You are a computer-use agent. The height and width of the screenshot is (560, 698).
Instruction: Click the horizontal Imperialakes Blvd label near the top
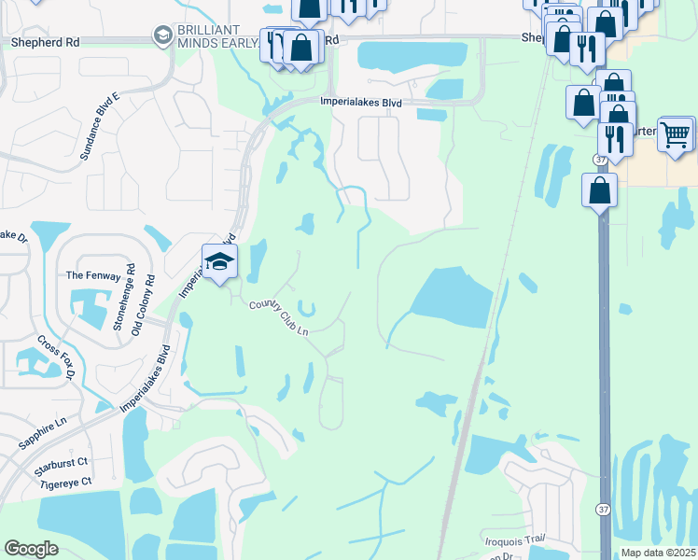[x=360, y=103]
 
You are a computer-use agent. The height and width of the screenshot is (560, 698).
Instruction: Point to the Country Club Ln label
[x=278, y=318]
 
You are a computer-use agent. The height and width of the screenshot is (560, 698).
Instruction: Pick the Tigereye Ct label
[x=60, y=482]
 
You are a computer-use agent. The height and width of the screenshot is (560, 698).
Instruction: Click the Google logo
[x=31, y=548]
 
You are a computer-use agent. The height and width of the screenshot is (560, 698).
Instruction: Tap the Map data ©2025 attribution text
[x=658, y=553]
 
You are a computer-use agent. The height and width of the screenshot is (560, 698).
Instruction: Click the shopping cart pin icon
[x=676, y=133]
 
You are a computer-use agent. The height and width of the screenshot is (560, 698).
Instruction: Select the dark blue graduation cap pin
[x=219, y=261]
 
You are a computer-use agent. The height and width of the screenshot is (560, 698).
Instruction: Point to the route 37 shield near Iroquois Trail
[x=603, y=509]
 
